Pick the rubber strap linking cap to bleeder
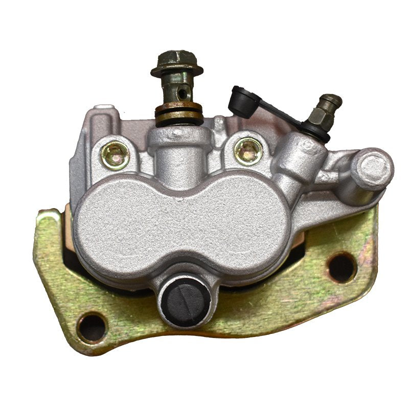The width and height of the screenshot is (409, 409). pos(279,113)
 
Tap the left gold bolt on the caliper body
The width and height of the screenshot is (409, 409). pos(115,155)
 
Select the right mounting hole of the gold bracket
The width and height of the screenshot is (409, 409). pos(342,267)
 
